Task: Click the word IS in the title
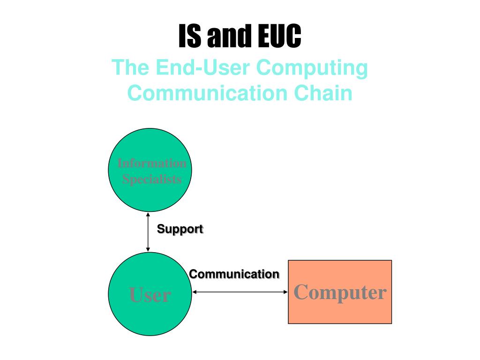click(190, 37)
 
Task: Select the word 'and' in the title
click(228, 37)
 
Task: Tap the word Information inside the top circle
click(152, 164)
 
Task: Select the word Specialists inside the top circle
click(152, 179)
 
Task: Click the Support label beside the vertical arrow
click(180, 229)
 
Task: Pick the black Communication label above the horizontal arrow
click(234, 274)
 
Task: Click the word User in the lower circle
click(150, 295)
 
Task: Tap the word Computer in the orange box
click(340, 292)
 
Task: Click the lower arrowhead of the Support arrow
click(148, 249)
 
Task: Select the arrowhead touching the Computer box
click(285, 292)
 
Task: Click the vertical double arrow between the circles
click(148, 232)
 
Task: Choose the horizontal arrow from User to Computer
click(240, 292)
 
